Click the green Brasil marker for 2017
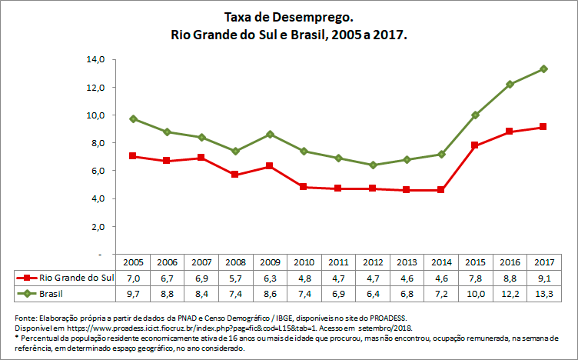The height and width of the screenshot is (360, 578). coord(543,68)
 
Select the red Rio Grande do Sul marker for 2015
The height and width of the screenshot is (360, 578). coord(475,145)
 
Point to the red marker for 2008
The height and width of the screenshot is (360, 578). coord(235,175)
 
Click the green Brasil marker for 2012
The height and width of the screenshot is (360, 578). coord(373,165)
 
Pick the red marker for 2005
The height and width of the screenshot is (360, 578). coord(133,156)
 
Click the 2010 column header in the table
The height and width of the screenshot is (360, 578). coord(304,262)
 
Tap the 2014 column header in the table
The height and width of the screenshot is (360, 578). coord(440,262)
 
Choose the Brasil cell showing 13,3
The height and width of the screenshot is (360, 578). coord(543,294)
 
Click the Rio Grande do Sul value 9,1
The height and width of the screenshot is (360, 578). coord(543,278)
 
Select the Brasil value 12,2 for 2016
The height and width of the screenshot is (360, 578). coord(509,294)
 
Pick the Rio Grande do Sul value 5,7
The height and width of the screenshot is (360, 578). coord(235,278)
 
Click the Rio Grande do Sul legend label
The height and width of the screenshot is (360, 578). coord(75,278)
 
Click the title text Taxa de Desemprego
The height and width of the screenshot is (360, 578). coord(288,16)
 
